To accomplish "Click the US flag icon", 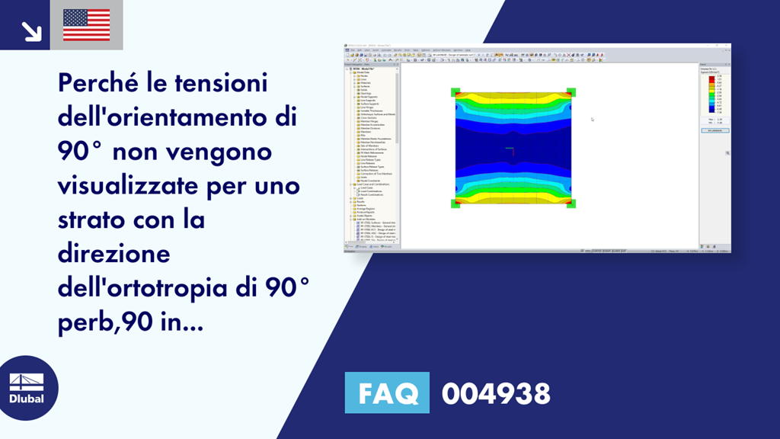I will [x=86, y=24].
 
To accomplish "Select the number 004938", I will [x=496, y=394].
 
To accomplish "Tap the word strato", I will [x=90, y=219].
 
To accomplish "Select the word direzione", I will [x=113, y=254].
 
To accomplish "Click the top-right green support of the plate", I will [x=571, y=92].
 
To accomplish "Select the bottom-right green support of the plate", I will [x=571, y=203].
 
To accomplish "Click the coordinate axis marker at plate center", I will [x=512, y=150].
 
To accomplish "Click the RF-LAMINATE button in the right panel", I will [x=714, y=130].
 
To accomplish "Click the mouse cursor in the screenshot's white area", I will [x=592, y=119].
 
